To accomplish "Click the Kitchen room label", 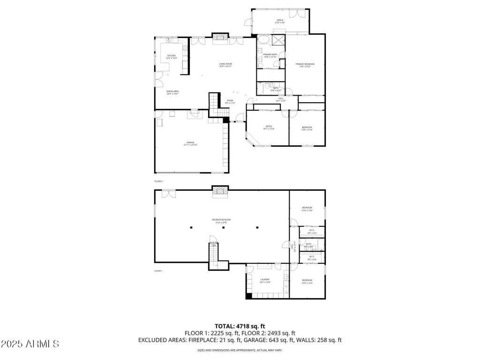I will (x=172, y=56).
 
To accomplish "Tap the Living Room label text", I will (x=225, y=64).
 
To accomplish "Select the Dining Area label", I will (x=172, y=91).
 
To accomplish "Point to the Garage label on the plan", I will (x=190, y=142).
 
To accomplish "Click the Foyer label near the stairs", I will (x=230, y=100).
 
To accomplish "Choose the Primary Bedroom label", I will (x=305, y=64).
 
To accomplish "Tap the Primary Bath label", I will (x=270, y=55).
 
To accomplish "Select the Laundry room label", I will (x=265, y=280).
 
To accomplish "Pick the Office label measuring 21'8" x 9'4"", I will (x=280, y=21).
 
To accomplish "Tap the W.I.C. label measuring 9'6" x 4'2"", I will (x=312, y=230).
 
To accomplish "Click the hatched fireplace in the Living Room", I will (x=220, y=37).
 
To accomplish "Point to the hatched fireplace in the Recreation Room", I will (x=220, y=191).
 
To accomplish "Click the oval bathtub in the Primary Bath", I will (x=263, y=40).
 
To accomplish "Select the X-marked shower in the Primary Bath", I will (x=279, y=40).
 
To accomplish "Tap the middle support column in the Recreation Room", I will (x=224, y=228).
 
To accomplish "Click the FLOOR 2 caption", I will (x=158, y=181).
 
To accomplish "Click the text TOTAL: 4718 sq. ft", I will (x=240, y=326).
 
